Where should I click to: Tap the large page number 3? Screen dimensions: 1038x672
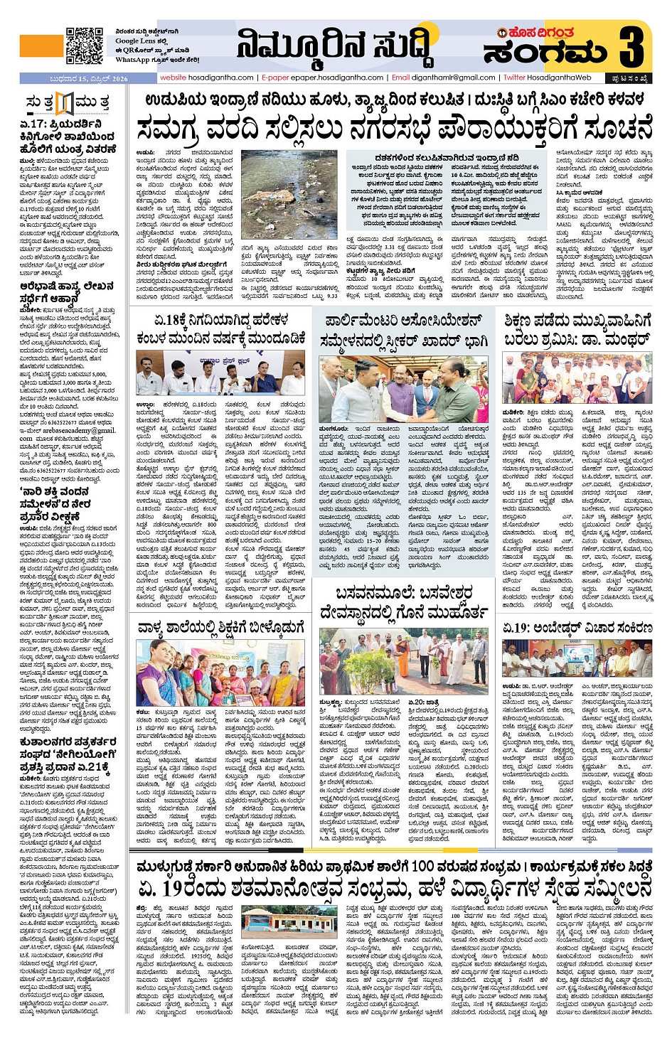(631, 47)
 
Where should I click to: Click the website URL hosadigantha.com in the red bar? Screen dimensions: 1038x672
(206, 77)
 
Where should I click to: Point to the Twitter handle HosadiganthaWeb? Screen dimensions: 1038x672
(548, 77)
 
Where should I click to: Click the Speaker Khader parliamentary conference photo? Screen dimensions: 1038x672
(403, 390)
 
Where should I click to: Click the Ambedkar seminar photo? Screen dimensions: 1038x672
(577, 658)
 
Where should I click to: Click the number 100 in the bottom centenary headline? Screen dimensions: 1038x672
(422, 867)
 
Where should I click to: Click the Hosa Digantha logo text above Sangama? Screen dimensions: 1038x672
(539, 33)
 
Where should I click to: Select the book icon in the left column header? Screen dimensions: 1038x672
(65, 104)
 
